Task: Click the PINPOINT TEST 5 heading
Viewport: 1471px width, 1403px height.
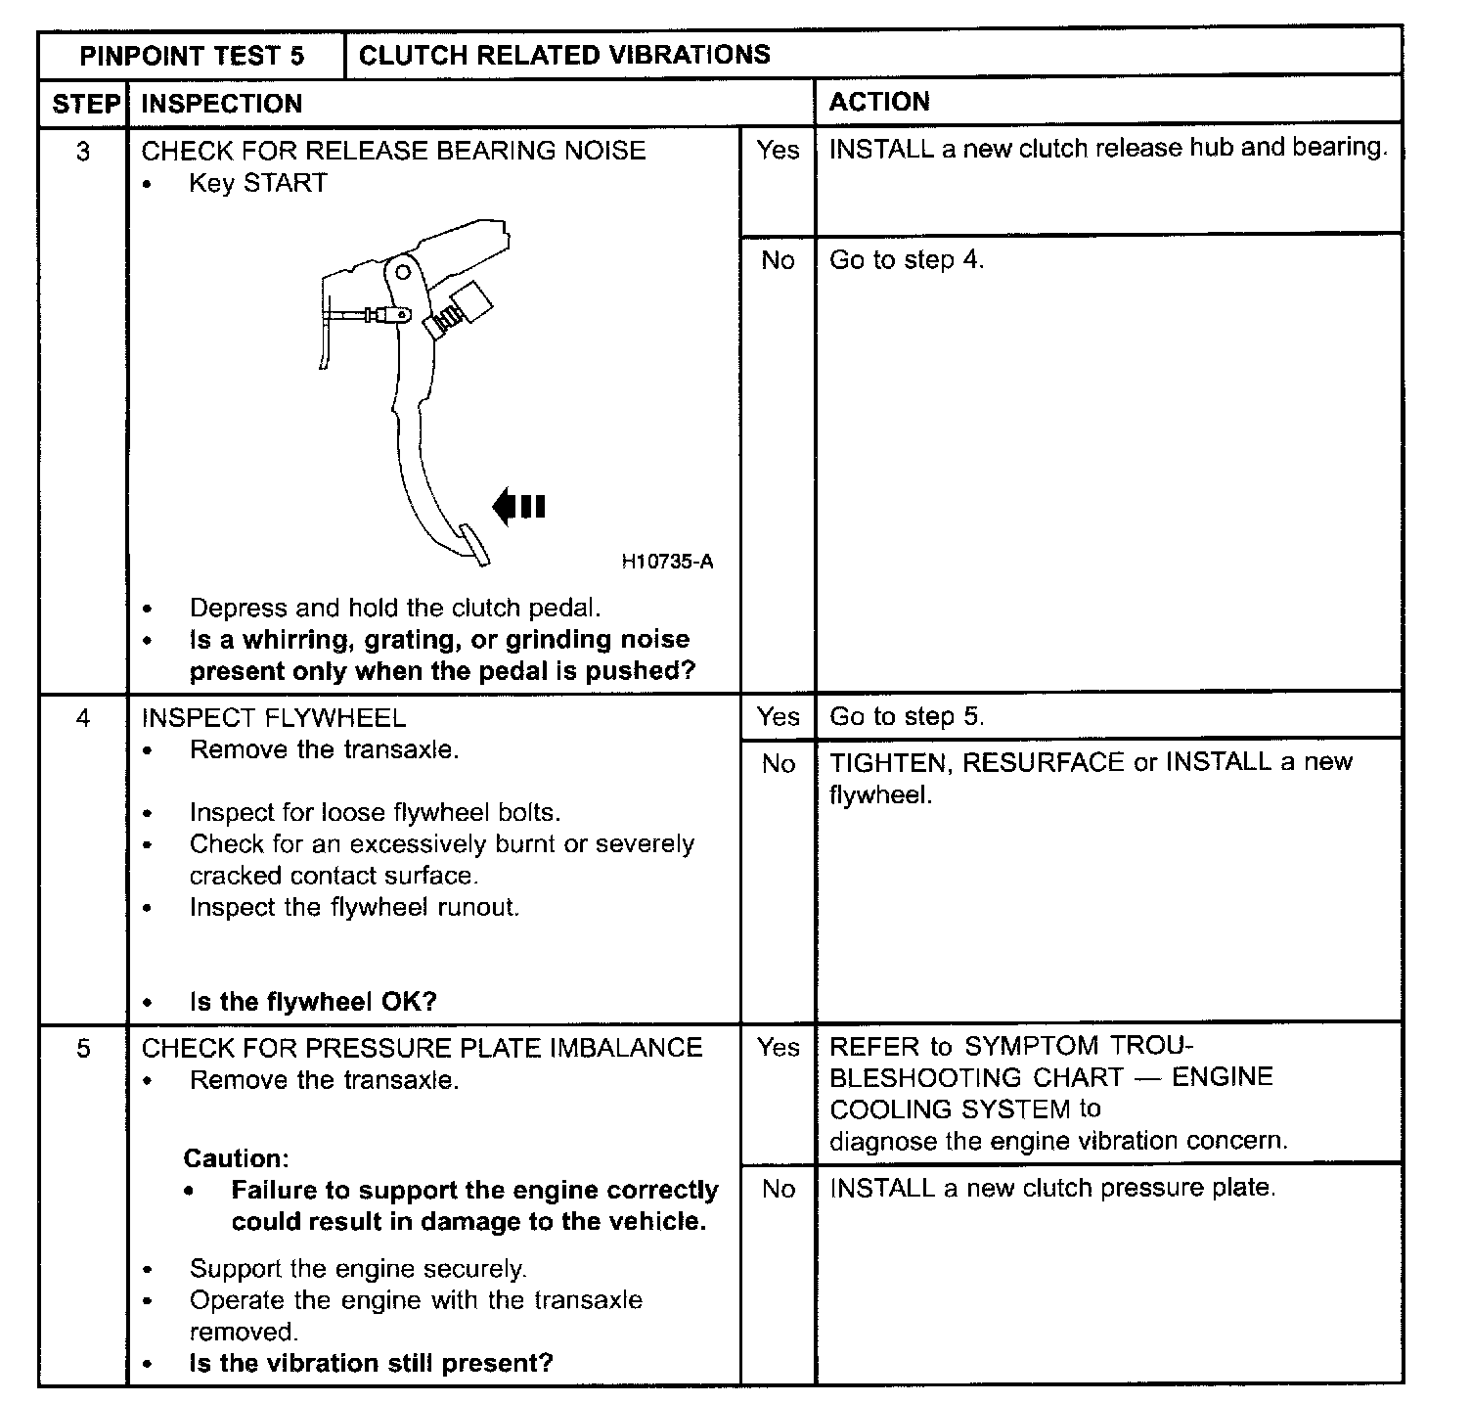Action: pos(192,56)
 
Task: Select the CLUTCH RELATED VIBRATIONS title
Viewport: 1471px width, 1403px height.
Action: pos(564,55)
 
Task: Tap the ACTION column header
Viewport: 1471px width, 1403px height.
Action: pos(879,102)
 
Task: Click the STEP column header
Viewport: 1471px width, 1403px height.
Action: pos(85,104)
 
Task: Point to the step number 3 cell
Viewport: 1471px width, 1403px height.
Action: pos(83,152)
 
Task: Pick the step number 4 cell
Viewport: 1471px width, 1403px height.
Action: pos(83,719)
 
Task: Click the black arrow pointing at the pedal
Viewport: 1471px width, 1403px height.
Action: pos(518,506)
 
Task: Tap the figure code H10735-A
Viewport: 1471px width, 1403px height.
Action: pos(667,562)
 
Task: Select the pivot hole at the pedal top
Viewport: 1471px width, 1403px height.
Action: pos(402,271)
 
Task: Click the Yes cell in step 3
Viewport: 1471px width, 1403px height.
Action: pos(778,150)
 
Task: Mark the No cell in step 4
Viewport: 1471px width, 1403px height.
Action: pos(778,764)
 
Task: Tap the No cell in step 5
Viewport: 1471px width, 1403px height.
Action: pos(778,1189)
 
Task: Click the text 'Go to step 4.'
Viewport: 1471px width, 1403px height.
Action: pos(907,260)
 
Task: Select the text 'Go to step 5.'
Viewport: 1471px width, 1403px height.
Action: pos(907,717)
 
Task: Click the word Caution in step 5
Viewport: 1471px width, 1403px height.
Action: pos(236,1159)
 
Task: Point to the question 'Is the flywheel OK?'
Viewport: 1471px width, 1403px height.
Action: pos(313,1002)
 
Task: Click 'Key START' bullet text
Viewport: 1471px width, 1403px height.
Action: pos(258,184)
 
